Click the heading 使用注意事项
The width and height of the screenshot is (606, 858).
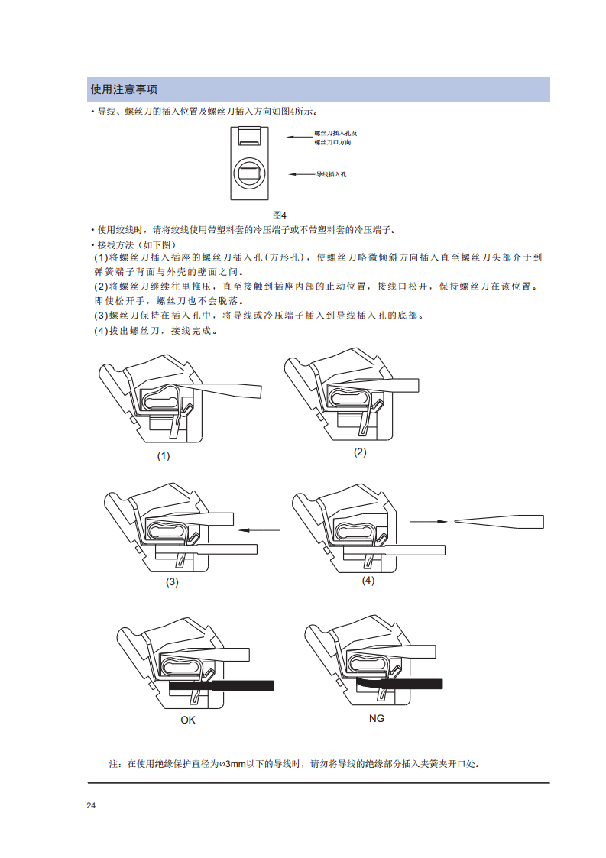tap(125, 89)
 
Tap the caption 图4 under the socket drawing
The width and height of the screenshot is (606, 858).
tap(279, 215)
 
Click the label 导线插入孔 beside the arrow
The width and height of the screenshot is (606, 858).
tap(331, 174)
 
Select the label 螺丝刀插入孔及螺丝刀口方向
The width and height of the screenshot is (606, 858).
tap(335, 138)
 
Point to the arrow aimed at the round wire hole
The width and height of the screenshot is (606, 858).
tap(302, 174)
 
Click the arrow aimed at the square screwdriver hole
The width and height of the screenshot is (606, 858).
tap(300, 137)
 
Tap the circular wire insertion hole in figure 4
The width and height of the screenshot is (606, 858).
tap(250, 173)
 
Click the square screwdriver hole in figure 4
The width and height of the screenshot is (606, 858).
tap(250, 136)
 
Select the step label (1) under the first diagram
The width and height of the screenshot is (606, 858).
tap(164, 456)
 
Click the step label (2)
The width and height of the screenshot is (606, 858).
tap(360, 452)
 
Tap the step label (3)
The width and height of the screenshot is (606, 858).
tap(173, 581)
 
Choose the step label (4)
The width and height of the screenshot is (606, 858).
tap(368, 580)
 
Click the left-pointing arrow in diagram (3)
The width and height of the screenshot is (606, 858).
tap(260, 529)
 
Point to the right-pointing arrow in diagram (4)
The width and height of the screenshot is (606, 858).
tap(429, 522)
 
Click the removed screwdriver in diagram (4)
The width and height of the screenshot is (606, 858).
tap(499, 522)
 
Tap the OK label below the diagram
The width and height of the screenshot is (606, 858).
tap(188, 720)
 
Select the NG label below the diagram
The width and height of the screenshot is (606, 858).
tap(377, 718)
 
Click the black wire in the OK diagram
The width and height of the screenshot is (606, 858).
tap(222, 685)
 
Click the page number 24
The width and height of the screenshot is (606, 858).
tap(91, 805)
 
